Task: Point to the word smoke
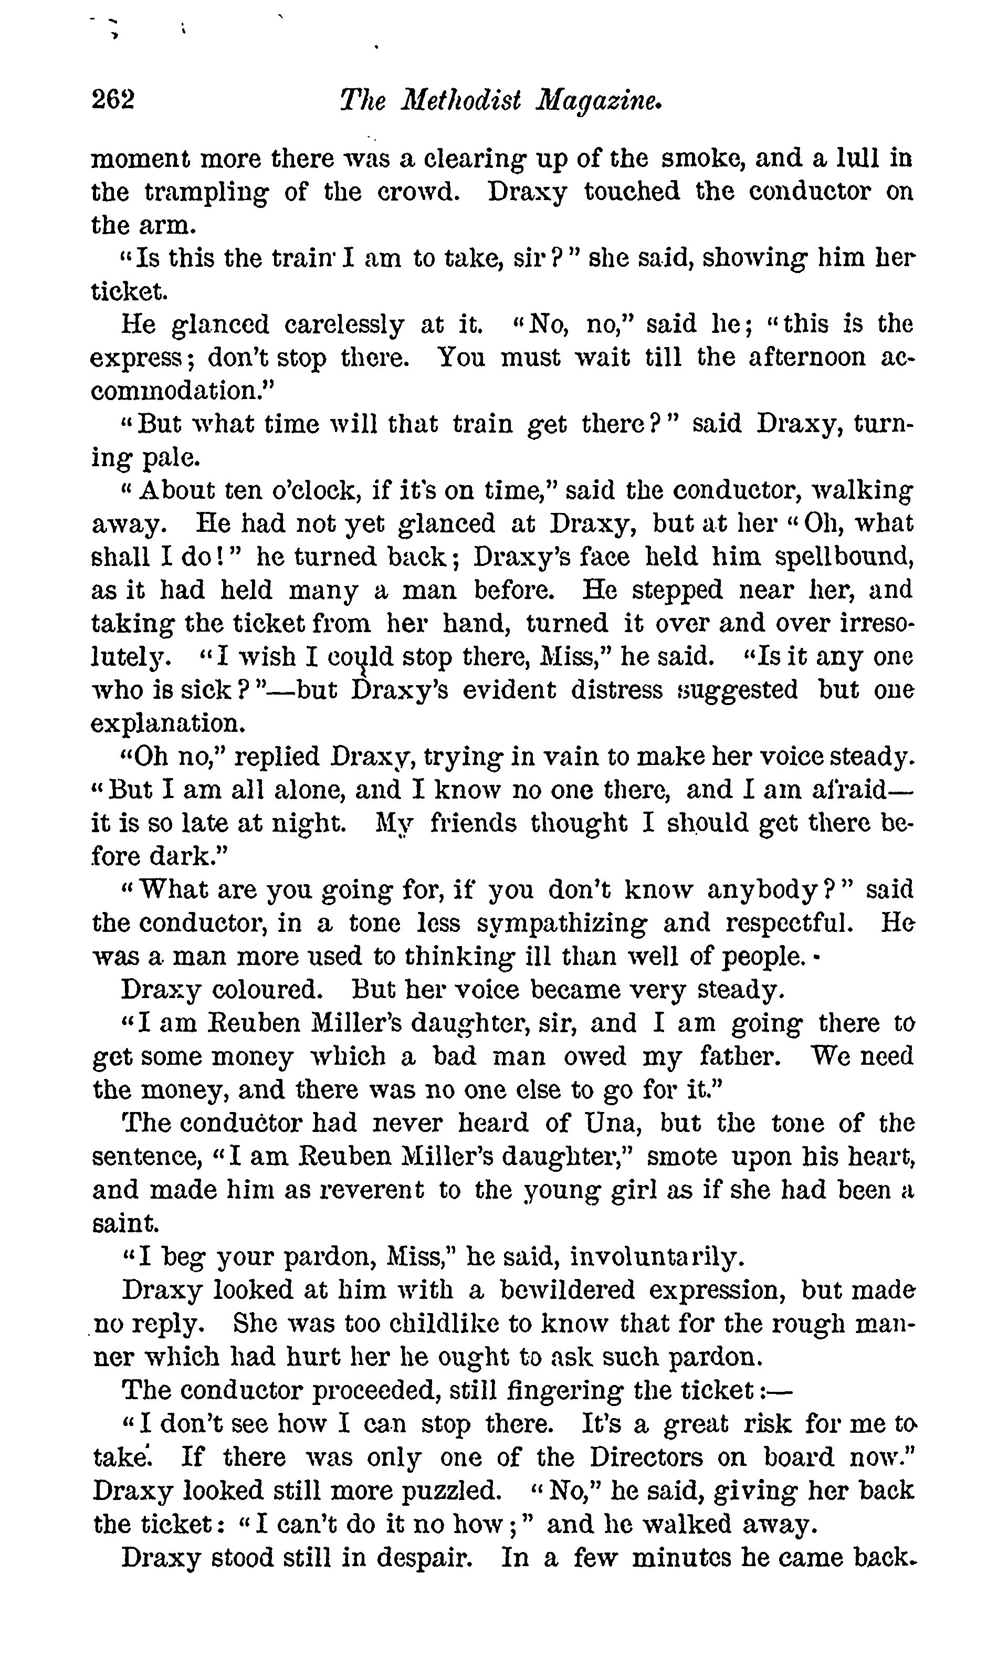(x=699, y=158)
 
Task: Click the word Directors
(x=646, y=1457)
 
